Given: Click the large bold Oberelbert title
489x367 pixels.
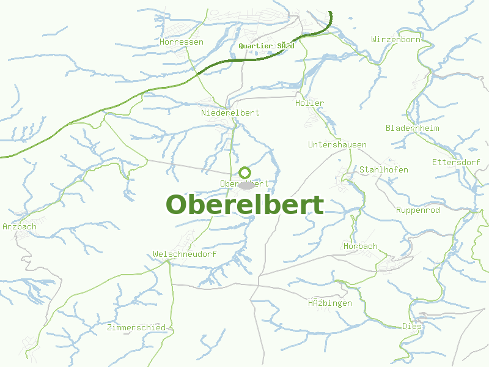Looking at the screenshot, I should [x=244, y=205].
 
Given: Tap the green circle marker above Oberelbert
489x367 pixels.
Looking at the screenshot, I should [x=244, y=172].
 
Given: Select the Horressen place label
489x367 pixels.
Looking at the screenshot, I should [x=181, y=42].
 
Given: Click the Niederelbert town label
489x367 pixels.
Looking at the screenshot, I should [x=230, y=113].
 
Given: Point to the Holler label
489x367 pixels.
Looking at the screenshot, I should [x=309, y=103].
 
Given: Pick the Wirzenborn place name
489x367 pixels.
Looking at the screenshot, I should [x=395, y=39].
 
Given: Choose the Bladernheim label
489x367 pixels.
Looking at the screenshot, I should [x=412, y=128].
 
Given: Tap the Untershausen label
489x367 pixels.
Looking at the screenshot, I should [x=337, y=144].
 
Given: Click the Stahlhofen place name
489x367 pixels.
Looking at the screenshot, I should [x=383, y=169].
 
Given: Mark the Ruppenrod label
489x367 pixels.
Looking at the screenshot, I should [x=418, y=210].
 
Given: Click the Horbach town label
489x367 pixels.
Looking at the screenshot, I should [x=360, y=246].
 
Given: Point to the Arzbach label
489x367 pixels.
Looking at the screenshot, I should [x=20, y=226].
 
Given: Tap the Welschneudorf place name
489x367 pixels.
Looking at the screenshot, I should [x=185, y=254].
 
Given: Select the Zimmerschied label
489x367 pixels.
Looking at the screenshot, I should [x=136, y=327].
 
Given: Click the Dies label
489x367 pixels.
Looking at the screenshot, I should [x=412, y=326].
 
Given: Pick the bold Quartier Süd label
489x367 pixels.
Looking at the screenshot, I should [x=267, y=46].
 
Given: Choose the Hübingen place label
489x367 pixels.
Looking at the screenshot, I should [x=329, y=303].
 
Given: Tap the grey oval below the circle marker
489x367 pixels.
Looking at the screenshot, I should [x=246, y=185].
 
